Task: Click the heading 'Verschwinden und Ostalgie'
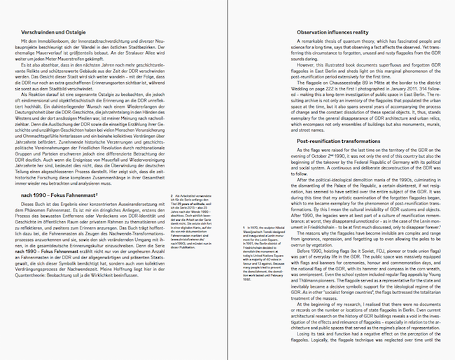(x=54, y=32)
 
